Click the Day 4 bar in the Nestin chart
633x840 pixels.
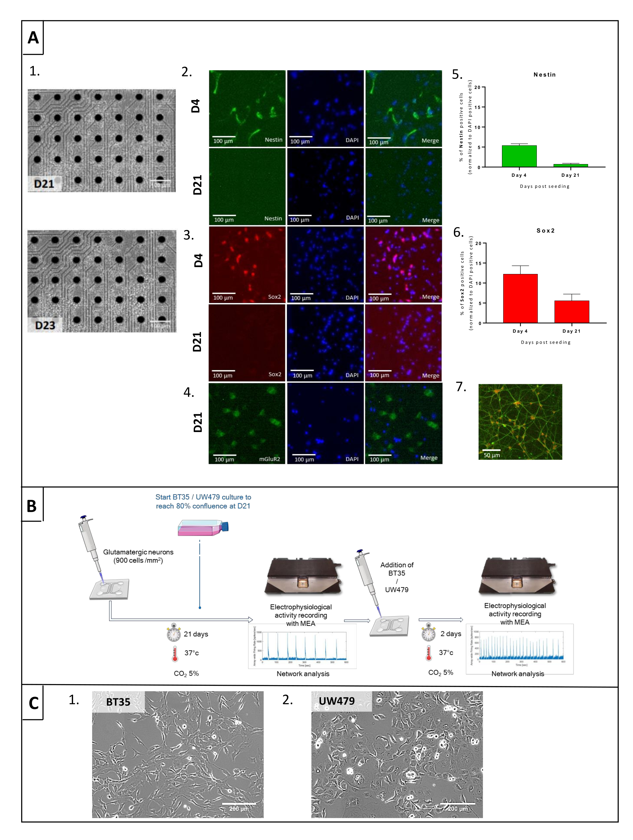519,156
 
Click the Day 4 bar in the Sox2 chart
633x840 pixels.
520,298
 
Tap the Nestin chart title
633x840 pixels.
544,75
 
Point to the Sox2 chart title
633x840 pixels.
545,231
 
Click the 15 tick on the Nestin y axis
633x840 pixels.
477,107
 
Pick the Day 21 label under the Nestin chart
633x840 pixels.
570,175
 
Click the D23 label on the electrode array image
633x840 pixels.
45,325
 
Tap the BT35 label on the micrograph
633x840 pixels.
118,702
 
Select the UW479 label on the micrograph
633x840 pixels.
337,701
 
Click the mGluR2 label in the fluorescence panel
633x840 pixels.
269,459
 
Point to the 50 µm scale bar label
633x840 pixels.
492,455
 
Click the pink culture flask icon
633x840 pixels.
203,527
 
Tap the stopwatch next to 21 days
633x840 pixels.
173,633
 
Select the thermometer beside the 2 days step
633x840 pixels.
429,652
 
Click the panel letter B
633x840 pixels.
32,506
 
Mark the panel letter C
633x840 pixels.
34,703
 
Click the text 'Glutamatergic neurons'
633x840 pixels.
138,552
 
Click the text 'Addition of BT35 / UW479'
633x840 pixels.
397,577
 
